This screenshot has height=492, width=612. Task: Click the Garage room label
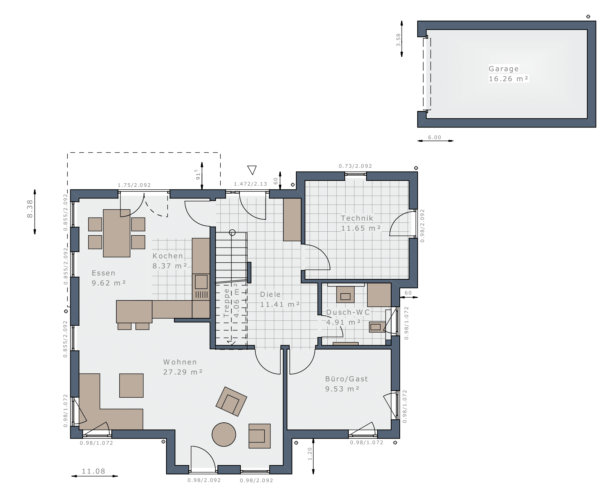click(x=504, y=69)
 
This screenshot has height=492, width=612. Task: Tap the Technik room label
click(x=357, y=218)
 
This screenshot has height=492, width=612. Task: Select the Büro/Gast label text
click(x=346, y=379)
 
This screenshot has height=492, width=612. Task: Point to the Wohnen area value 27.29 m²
click(x=183, y=372)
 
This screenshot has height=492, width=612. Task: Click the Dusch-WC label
click(x=348, y=312)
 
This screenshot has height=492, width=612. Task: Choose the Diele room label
click(x=270, y=294)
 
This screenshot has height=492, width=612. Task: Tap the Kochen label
click(x=168, y=256)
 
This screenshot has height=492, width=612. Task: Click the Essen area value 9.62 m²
click(x=109, y=283)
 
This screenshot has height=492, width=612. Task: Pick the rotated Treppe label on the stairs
click(x=226, y=303)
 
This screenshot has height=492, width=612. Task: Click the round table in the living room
click(x=224, y=434)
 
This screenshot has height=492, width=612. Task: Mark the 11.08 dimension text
click(x=93, y=471)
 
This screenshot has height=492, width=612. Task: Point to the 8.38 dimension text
click(x=30, y=209)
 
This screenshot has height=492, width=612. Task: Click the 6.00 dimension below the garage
click(x=435, y=137)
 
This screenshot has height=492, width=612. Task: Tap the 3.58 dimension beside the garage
click(x=398, y=40)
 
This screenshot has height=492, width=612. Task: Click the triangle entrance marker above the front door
click(x=252, y=170)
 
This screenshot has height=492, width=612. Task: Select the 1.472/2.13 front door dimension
click(x=250, y=184)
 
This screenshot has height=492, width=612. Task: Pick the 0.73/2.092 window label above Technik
click(x=355, y=166)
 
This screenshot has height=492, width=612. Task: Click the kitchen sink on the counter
click(x=201, y=282)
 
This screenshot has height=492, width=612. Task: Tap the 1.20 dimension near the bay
click(x=310, y=454)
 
